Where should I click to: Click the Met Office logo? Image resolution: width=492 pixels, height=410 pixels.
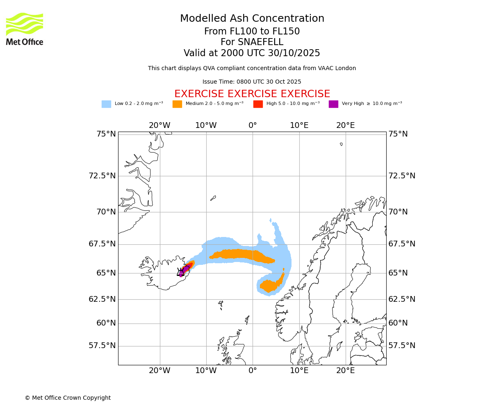point(25,29)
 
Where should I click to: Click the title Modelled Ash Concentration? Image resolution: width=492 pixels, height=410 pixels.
point(252,19)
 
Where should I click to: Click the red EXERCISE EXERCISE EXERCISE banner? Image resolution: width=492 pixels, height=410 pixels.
point(252,94)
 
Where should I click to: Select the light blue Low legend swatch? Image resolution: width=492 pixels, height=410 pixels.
point(106,104)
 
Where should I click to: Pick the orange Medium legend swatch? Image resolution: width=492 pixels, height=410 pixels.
point(177,104)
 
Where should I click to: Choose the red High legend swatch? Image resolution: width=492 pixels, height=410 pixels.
point(258,104)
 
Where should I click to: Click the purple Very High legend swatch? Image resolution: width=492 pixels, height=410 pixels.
point(333,104)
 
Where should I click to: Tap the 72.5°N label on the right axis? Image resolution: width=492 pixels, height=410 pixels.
point(402,176)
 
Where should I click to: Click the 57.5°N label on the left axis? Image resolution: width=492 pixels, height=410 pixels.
point(102,346)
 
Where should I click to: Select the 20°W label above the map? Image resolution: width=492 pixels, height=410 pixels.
point(159,125)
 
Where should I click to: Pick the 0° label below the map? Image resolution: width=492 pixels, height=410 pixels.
point(253,371)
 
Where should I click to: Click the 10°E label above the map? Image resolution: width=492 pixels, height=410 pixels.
point(299,125)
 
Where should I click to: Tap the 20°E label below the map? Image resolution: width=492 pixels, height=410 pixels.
point(346,371)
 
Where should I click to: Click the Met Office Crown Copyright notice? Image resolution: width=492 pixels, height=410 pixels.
point(68,398)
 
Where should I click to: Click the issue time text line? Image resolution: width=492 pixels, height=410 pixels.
point(252,82)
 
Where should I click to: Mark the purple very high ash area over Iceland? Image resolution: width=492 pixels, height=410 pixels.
point(185,269)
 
